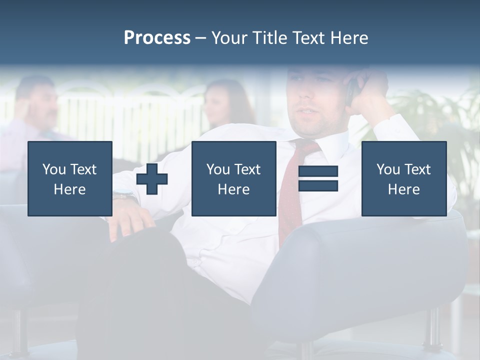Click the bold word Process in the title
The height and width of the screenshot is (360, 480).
(157, 38)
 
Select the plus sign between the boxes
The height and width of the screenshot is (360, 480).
(152, 179)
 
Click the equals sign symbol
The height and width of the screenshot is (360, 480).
(318, 178)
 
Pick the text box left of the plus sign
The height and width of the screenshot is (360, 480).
(70, 178)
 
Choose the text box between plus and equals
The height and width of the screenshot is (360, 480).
(233, 178)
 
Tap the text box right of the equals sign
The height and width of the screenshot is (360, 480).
(403, 178)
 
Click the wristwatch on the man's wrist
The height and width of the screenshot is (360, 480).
(124, 195)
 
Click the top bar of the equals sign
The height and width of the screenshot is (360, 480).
(318, 171)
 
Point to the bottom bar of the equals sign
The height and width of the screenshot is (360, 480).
(318, 185)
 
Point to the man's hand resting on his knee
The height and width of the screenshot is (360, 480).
(127, 220)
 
